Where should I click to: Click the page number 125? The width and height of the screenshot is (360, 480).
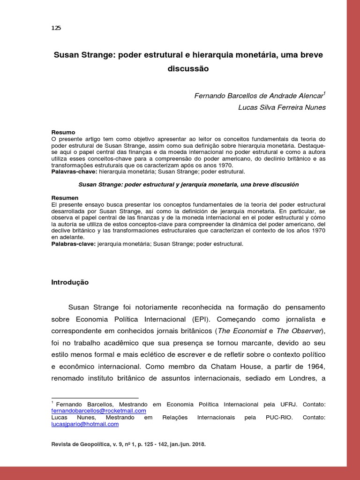point(56,28)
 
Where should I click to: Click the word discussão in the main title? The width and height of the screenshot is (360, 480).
point(187,68)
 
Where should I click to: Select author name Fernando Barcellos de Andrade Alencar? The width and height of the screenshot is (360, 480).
point(259,96)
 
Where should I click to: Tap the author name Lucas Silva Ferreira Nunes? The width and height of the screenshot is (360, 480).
point(282,107)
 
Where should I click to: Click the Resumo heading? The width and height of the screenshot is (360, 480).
point(63,133)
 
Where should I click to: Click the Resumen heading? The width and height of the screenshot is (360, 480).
point(65,198)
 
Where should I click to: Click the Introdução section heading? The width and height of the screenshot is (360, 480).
point(69,282)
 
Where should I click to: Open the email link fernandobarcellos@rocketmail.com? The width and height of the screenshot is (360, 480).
point(98,411)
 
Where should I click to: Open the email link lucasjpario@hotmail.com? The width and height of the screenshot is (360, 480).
point(85,424)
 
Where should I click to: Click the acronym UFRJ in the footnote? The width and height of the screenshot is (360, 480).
point(286,404)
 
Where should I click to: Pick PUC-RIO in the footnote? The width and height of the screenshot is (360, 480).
point(278,417)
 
